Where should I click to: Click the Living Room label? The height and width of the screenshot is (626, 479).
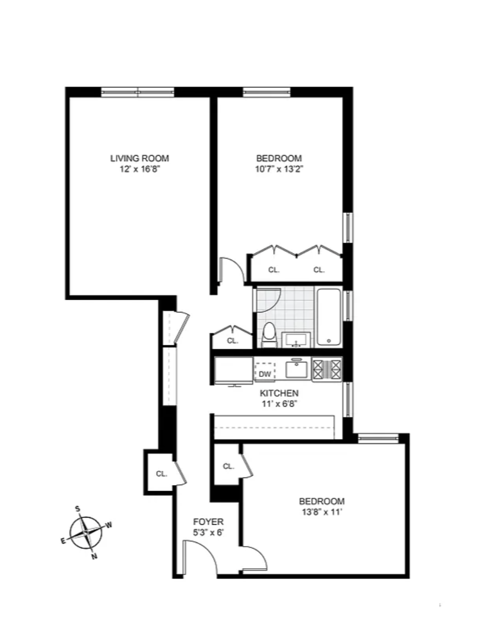[140, 158]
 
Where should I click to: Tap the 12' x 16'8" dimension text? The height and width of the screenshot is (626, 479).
[140, 169]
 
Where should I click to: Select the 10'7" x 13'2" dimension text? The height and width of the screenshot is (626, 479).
[279, 169]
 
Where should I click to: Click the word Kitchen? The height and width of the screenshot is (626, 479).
[279, 393]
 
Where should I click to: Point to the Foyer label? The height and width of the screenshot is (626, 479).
[208, 522]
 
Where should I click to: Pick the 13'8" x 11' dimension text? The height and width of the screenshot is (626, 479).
[322, 512]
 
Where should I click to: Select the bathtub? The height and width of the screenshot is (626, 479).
[329, 317]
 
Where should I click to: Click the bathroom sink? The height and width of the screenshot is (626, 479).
[296, 340]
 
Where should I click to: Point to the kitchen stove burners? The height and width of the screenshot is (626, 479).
[327, 370]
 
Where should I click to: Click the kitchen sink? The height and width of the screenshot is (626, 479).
[296, 368]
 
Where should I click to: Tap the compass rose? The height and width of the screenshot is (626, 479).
[86, 533]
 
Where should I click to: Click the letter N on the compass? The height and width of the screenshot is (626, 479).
[94, 556]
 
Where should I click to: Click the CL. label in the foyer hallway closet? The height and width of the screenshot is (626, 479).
[161, 474]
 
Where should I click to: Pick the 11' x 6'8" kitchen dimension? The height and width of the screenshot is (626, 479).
[280, 404]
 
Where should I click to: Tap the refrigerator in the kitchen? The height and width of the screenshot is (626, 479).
[233, 371]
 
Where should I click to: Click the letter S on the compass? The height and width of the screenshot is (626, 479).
[78, 509]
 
